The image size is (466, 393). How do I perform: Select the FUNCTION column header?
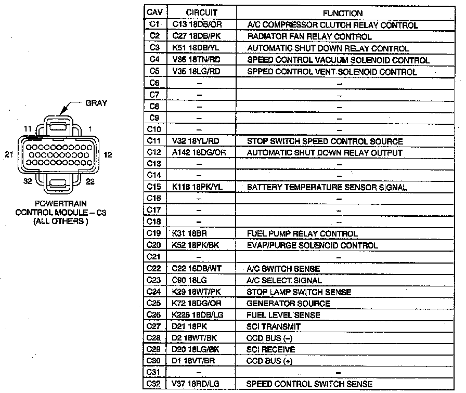click(x=343, y=13)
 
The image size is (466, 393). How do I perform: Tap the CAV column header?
click(x=153, y=13)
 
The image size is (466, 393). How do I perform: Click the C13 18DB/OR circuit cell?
click(x=199, y=25)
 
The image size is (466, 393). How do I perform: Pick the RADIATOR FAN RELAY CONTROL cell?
click(x=309, y=37)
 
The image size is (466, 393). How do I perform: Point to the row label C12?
click(x=153, y=153)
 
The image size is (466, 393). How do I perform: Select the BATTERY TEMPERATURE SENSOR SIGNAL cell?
click(x=327, y=187)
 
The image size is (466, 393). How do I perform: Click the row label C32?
click(x=153, y=384)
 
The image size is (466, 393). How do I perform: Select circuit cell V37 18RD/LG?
click(x=196, y=384)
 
